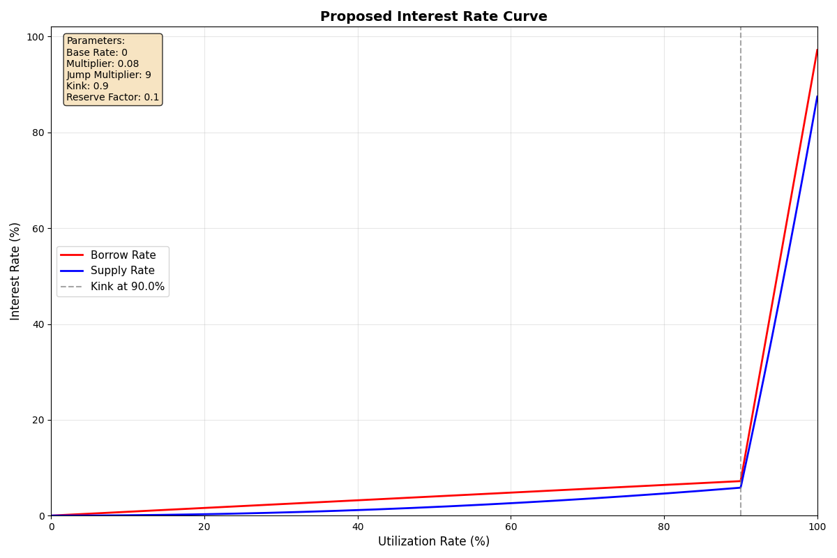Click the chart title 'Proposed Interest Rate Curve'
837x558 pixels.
pyautogui.click(x=433, y=17)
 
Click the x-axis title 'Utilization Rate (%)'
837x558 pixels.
pyautogui.click(x=433, y=541)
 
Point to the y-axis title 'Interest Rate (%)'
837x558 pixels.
pyautogui.click(x=15, y=271)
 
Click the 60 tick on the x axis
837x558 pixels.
pyautogui.click(x=511, y=527)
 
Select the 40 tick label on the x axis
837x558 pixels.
pyautogui.click(x=358, y=527)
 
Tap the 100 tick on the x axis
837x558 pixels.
pyautogui.click(x=817, y=527)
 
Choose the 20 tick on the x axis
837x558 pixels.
pyautogui.click(x=204, y=527)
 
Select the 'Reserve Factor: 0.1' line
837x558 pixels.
pyautogui.click(x=112, y=98)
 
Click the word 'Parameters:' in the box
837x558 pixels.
pyautogui.click(x=96, y=41)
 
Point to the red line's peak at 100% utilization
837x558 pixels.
pyautogui.click(x=817, y=50)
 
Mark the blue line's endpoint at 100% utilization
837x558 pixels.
pyautogui.click(x=817, y=96)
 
